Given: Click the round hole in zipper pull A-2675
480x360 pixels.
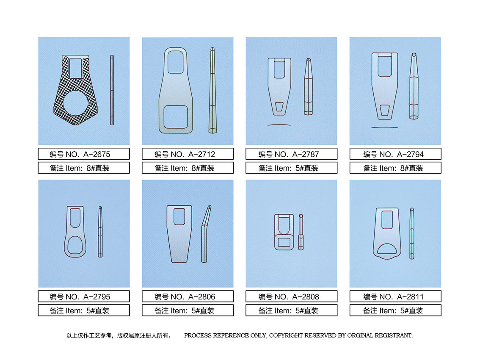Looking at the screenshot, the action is click(76, 103).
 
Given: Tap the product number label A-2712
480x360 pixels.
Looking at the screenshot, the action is click(188, 154).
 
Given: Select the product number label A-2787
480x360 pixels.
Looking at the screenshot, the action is click(291, 154).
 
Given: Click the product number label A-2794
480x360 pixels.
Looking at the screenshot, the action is click(395, 154).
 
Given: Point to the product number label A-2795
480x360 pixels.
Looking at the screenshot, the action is click(84, 296).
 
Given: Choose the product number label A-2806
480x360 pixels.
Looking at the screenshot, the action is click(188, 296).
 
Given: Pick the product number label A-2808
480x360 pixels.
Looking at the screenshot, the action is click(291, 296).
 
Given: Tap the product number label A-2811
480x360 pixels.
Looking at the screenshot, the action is click(395, 296).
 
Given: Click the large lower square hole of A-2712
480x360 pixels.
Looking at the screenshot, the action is click(176, 117).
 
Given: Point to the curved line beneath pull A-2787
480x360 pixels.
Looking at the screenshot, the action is click(279, 125).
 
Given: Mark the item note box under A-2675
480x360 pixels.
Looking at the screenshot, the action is click(84, 168).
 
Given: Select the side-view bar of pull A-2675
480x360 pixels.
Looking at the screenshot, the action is click(112, 90).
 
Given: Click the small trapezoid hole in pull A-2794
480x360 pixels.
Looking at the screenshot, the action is click(385, 111).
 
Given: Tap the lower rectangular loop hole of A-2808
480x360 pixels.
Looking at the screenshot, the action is click(284, 242).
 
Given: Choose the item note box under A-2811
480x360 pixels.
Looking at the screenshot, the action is click(395, 310).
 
